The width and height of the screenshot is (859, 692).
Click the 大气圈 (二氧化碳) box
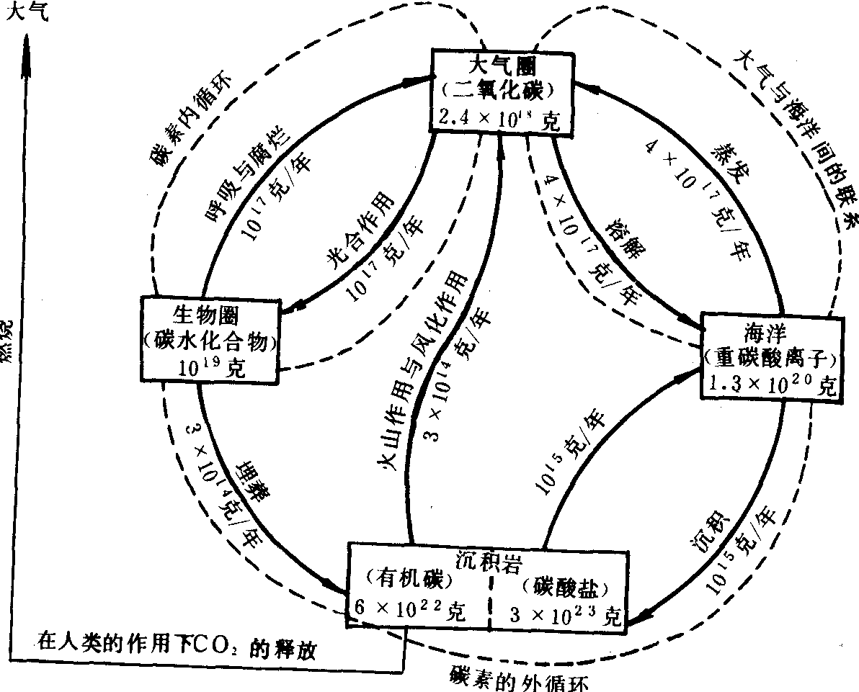tap(502, 91)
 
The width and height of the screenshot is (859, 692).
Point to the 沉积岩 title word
tap(486, 559)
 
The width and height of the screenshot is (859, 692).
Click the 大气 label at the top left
tap(27, 13)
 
